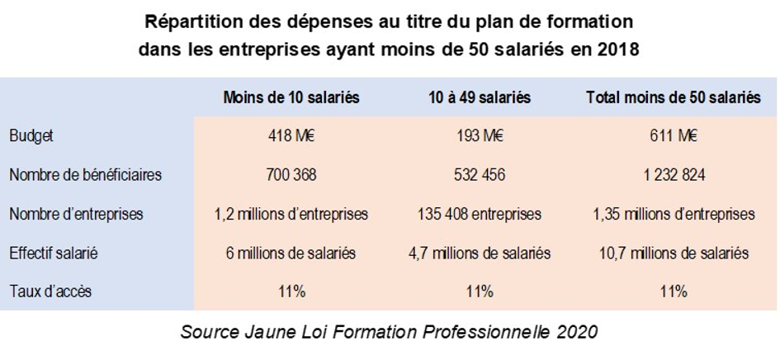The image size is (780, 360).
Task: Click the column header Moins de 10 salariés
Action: (x=291, y=97)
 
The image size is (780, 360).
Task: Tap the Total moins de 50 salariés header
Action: (x=674, y=97)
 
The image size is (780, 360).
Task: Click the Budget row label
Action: (x=31, y=136)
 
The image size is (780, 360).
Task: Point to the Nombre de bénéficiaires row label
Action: (x=85, y=175)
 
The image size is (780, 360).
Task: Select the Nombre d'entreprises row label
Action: (x=76, y=214)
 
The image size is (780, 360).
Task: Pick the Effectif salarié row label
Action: (x=54, y=253)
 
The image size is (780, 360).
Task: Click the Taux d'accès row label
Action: (x=49, y=291)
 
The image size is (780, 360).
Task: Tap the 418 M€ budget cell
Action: (x=291, y=136)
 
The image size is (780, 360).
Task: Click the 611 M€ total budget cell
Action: (x=674, y=136)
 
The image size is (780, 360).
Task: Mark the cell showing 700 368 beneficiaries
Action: (x=291, y=175)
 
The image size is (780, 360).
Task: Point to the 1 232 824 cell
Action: (x=674, y=175)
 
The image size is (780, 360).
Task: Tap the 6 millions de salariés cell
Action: (x=291, y=253)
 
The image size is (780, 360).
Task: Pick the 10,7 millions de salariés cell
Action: (x=674, y=253)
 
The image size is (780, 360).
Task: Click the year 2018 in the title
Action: (x=618, y=49)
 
